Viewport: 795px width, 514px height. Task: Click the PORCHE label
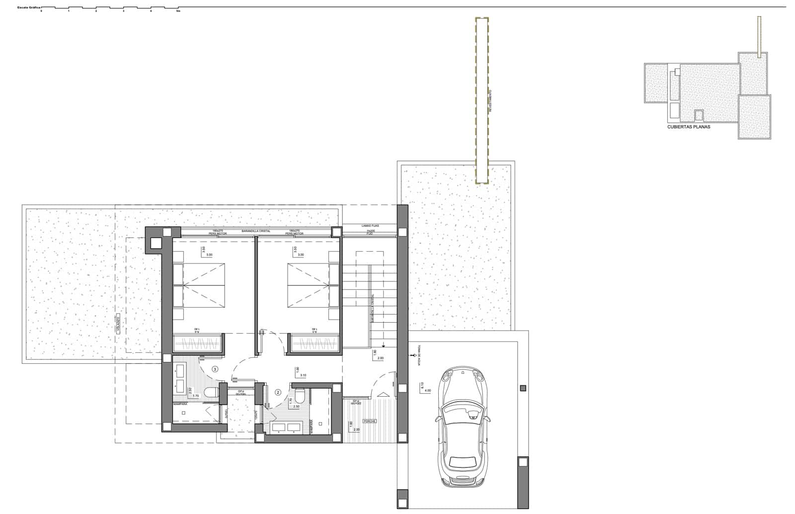pyautogui.click(x=369, y=421)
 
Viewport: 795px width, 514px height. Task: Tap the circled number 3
pyautogui.click(x=215, y=369)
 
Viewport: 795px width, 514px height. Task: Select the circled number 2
pyautogui.click(x=278, y=392)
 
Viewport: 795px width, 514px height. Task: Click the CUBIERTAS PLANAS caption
pyautogui.click(x=688, y=127)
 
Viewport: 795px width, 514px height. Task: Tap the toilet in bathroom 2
pyautogui.click(x=300, y=397)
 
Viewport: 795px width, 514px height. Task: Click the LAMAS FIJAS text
pyautogui.click(x=370, y=226)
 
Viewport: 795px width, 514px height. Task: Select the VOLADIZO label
pyautogui.click(x=118, y=324)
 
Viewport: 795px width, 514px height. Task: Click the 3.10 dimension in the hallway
pyautogui.click(x=303, y=375)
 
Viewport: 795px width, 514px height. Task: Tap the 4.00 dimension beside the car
pyautogui.click(x=427, y=391)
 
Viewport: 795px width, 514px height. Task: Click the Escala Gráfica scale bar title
pyautogui.click(x=28, y=8)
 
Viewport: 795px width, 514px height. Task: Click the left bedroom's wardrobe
pyautogui.click(x=198, y=343)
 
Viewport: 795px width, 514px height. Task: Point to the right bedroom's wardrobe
pyautogui.click(x=315, y=343)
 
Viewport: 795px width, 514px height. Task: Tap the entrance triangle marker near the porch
pyautogui.click(x=383, y=394)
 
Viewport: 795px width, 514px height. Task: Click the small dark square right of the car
pyautogui.click(x=522, y=388)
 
